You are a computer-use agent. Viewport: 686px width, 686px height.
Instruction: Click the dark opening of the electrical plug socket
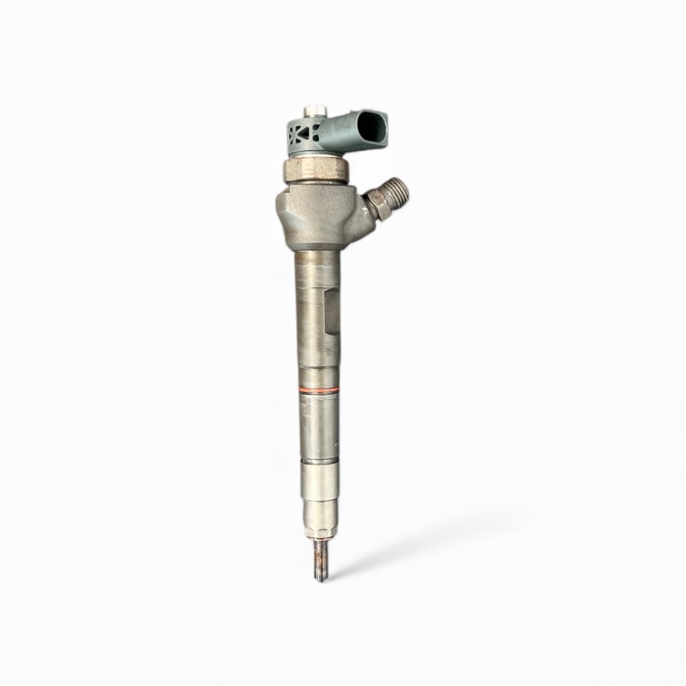371,129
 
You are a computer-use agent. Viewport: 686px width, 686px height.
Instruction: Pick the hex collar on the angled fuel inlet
376,203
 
